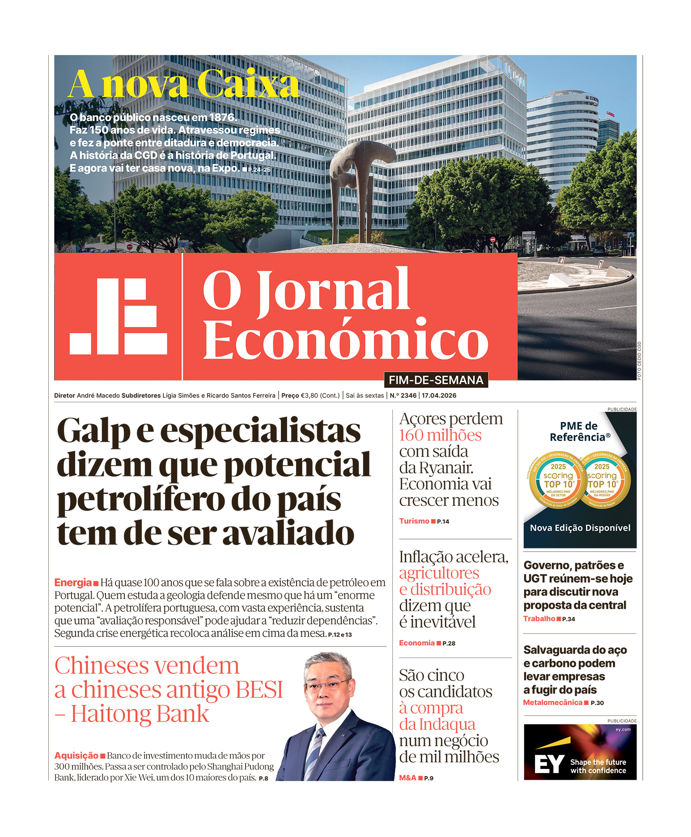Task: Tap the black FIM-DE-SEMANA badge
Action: (436, 380)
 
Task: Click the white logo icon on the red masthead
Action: (119, 316)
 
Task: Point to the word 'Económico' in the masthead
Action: (345, 340)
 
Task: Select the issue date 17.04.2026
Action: (439, 395)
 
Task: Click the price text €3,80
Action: (309, 395)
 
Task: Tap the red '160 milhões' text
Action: (440, 435)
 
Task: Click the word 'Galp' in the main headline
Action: (93, 431)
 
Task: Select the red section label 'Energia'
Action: (73, 582)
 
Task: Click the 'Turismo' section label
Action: (414, 521)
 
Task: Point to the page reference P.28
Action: (449, 643)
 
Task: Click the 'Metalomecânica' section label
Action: (553, 703)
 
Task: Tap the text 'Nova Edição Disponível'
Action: (580, 528)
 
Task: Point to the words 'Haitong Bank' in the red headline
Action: (140, 714)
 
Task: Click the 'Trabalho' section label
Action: (539, 619)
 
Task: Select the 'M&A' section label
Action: (407, 778)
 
